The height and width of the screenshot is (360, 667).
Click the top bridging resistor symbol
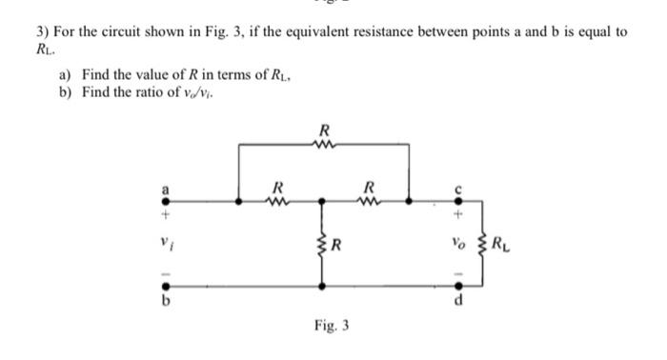click(325, 145)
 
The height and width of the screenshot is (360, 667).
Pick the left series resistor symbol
click(276, 201)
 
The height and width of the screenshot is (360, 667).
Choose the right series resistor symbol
click(367, 201)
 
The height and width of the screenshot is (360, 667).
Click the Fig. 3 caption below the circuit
click(331, 325)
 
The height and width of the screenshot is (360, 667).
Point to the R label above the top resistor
click(325, 130)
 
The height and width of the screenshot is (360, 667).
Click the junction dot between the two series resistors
click(322, 201)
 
